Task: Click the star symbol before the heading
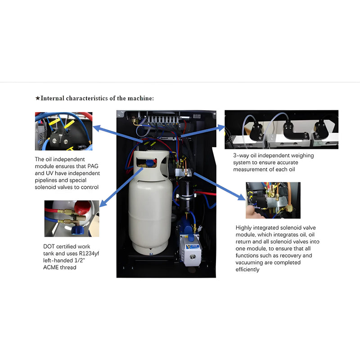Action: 38,98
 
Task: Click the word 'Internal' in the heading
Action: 53,98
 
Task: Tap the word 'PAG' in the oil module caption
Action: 94,166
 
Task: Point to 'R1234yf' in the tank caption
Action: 84,253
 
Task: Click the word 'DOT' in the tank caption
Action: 50,246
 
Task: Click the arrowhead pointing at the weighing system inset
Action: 221,127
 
